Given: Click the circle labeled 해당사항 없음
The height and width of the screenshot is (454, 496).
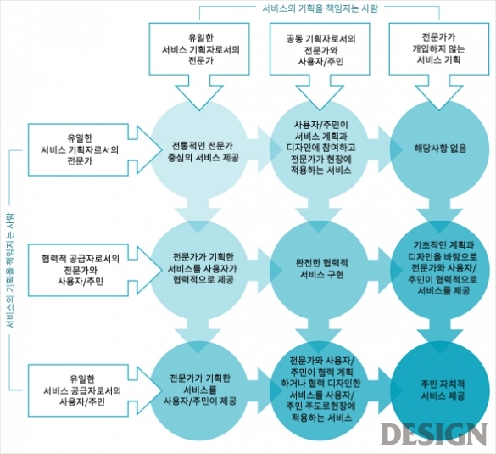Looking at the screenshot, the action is point(439,149).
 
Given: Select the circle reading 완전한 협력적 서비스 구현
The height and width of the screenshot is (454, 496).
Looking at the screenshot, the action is point(320,270).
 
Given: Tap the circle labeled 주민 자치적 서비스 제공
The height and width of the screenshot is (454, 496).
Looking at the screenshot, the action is point(439,390).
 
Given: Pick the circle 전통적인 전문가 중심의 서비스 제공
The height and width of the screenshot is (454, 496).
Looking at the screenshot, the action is point(199,149).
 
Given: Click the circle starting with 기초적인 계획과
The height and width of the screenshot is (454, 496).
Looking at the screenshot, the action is point(439,270).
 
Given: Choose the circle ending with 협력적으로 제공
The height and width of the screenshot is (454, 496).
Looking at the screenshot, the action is point(199,270).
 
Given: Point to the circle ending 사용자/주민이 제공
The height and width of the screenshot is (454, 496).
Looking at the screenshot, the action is point(199,390).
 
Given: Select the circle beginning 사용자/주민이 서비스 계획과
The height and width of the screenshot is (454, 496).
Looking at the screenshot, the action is point(320,149).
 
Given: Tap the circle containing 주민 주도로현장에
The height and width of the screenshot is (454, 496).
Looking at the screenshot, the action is point(320,390).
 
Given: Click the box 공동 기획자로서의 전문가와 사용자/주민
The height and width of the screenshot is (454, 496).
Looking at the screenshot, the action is point(320,49).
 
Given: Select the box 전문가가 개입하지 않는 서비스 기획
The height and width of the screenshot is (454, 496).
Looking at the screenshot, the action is point(438,49).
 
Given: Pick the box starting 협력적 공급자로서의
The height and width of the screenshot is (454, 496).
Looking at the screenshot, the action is point(79,270).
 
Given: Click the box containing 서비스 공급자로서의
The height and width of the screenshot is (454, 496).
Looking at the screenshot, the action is point(79,390).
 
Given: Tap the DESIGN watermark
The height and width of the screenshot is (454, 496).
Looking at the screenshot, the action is point(434,434).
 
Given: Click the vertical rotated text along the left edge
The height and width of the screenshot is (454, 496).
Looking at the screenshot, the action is point(10,270).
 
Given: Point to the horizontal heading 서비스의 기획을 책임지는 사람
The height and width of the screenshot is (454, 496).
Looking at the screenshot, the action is point(320,8).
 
